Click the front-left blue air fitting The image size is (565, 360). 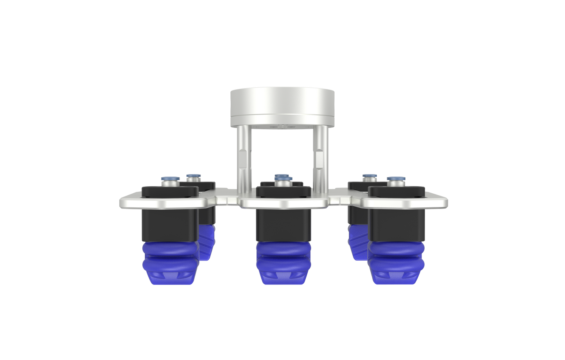(170, 181)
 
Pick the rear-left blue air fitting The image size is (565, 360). (192, 178)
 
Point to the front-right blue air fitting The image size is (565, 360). (396, 181)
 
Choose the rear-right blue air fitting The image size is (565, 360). (369, 178)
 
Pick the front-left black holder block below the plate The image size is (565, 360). (170, 225)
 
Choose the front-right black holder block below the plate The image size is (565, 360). (396, 225)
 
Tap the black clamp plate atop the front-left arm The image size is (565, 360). (170, 192)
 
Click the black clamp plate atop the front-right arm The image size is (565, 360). (396, 192)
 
